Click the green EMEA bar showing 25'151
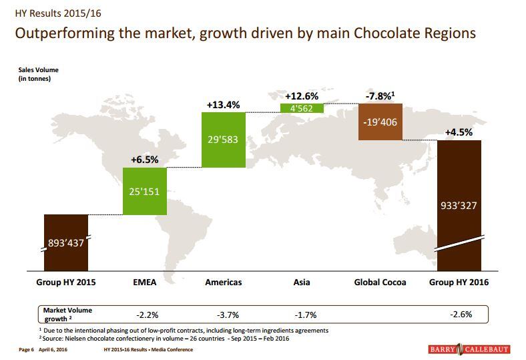[145, 191]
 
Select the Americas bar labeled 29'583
[223, 140]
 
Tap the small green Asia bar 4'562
[301, 107]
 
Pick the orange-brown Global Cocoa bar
[380, 122]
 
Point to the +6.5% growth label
[144, 160]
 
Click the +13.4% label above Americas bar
[223, 105]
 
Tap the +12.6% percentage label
[301, 96]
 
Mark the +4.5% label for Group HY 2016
[459, 132]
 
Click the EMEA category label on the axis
[145, 283]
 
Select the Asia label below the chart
[302, 283]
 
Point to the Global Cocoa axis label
[380, 283]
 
